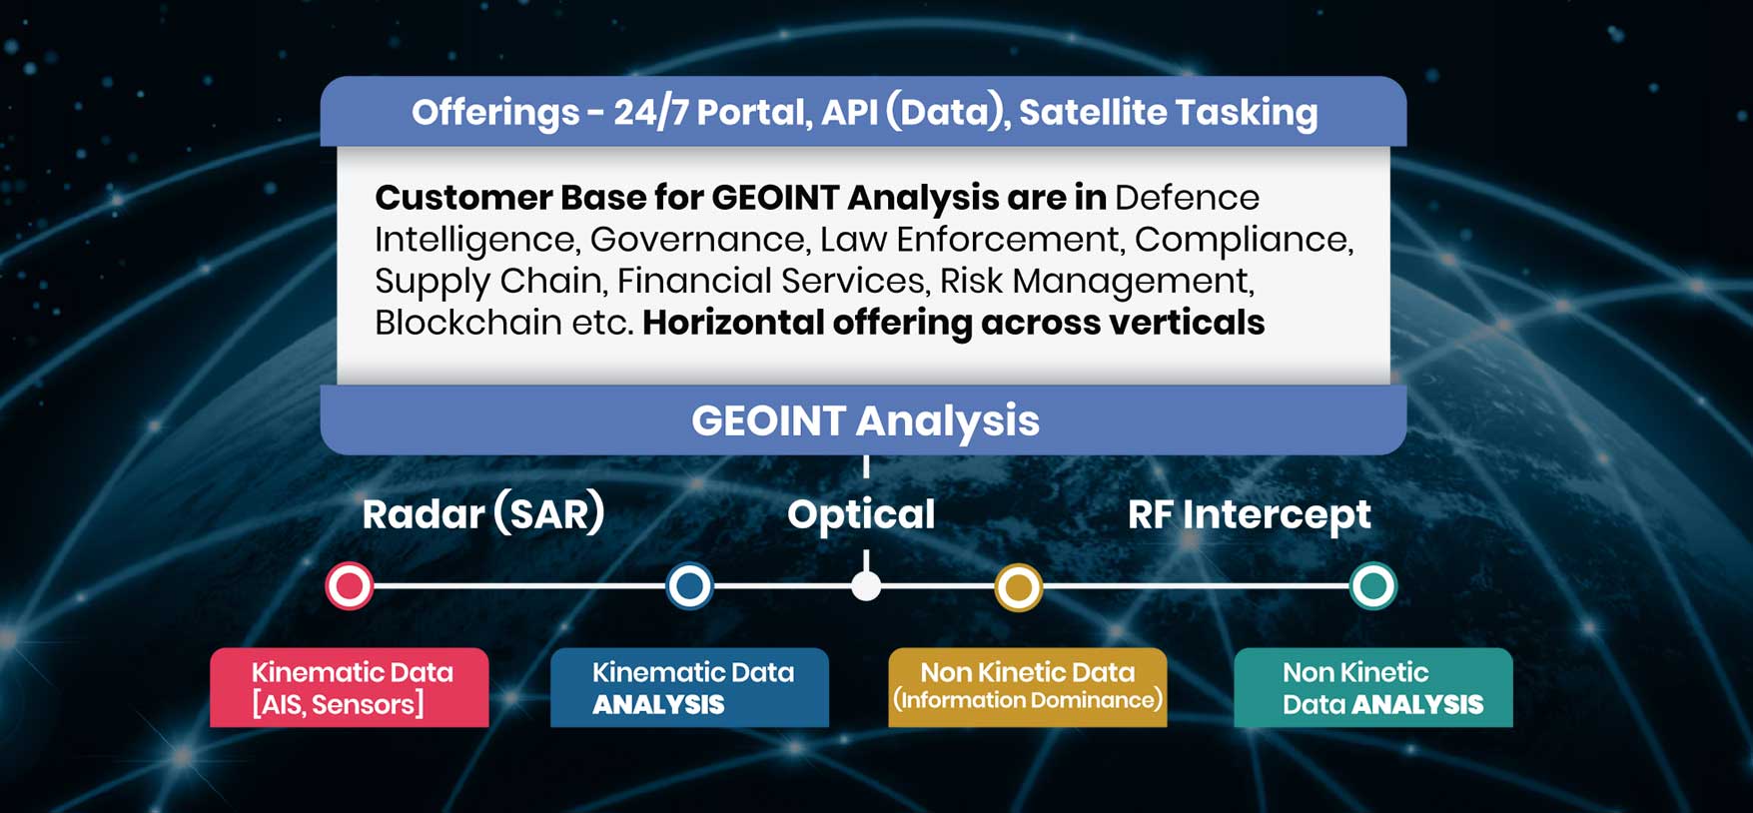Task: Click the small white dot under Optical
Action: (866, 586)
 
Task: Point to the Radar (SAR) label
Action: (483, 514)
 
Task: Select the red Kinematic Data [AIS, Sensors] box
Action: (350, 687)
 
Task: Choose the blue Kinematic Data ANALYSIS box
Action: (689, 687)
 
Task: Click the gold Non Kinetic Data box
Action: (1028, 687)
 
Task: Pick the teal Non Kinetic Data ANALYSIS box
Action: (1373, 687)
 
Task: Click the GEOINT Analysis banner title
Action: (865, 421)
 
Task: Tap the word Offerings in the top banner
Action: (495, 113)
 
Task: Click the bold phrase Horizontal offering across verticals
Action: (954, 323)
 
